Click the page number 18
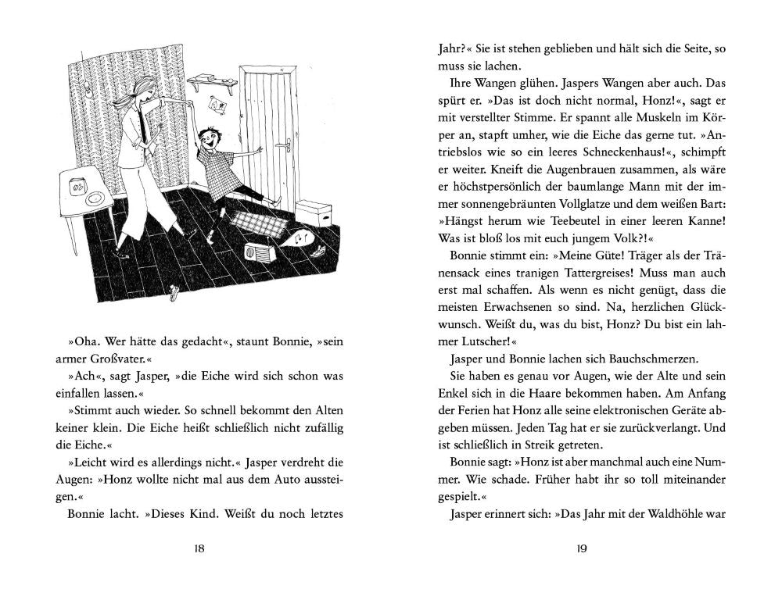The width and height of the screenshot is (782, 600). [x=199, y=548]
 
